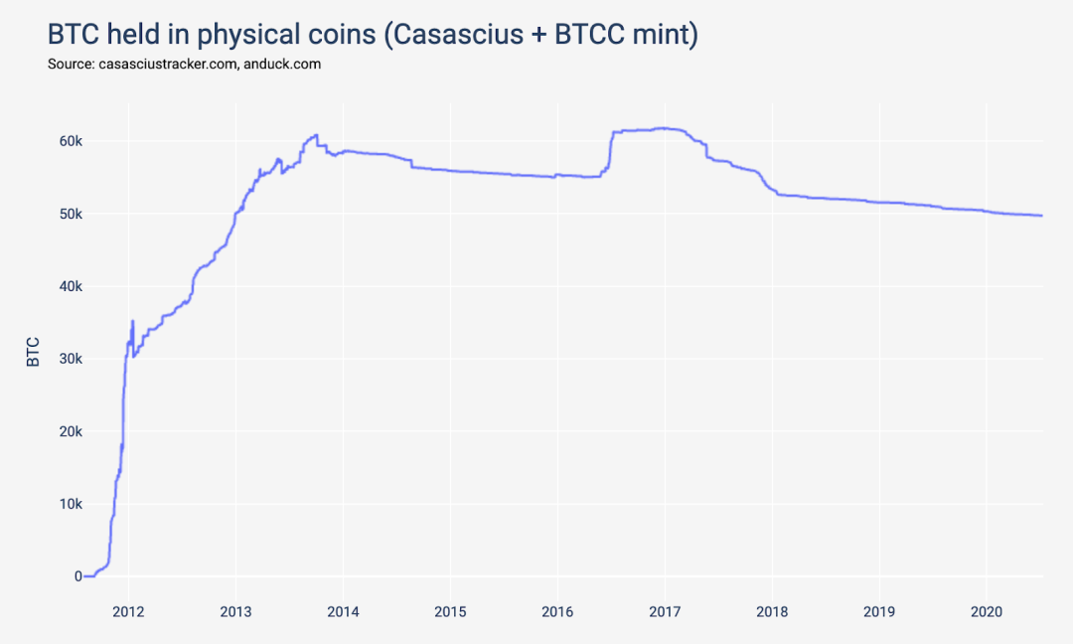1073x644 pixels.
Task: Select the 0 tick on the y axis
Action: coord(77,576)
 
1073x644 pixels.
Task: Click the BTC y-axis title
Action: coord(33,352)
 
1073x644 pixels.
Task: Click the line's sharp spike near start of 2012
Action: coord(132,322)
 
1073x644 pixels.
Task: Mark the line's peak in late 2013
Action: coord(316,135)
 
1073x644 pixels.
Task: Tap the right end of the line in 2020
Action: coord(1041,216)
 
